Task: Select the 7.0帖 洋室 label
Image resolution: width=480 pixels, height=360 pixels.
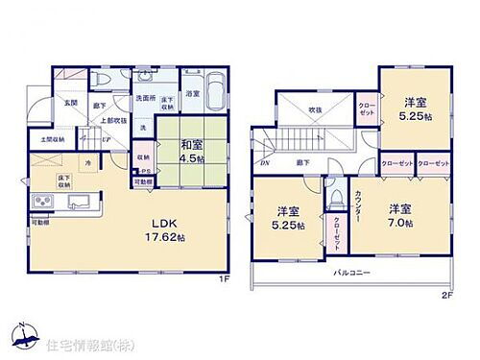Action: click(x=402, y=214)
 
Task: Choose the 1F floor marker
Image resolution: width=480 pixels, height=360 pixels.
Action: click(x=224, y=278)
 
